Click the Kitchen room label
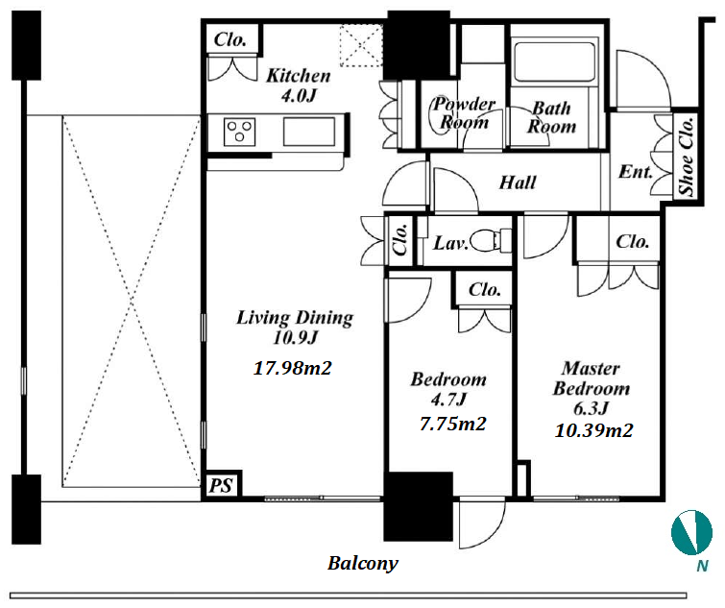tap(299, 75)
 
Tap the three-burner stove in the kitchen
tap(239, 132)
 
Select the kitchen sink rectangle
tap(309, 132)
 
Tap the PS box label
tap(221, 485)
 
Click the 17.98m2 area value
tap(293, 368)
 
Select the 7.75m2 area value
tap(452, 424)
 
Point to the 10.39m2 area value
tap(593, 430)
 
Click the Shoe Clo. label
tap(687, 157)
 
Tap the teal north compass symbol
tap(691, 532)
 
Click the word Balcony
tap(363, 563)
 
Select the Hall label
tap(518, 182)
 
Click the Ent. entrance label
tap(636, 172)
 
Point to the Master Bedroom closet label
tap(632, 241)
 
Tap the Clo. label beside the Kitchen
tap(230, 39)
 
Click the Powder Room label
tap(464, 112)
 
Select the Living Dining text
tap(295, 317)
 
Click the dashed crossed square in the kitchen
tap(361, 46)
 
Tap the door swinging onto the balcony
tap(482, 523)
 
